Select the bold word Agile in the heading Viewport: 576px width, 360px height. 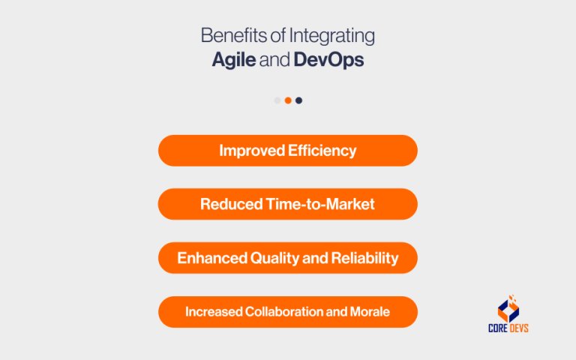pos(233,61)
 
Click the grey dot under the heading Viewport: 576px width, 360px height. pos(277,100)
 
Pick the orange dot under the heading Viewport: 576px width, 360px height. pos(288,100)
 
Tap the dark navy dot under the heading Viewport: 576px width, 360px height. pos(298,100)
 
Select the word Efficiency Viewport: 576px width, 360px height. pos(322,151)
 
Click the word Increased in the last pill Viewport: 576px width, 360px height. pos(214,312)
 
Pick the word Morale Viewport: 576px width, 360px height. pos(370,312)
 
